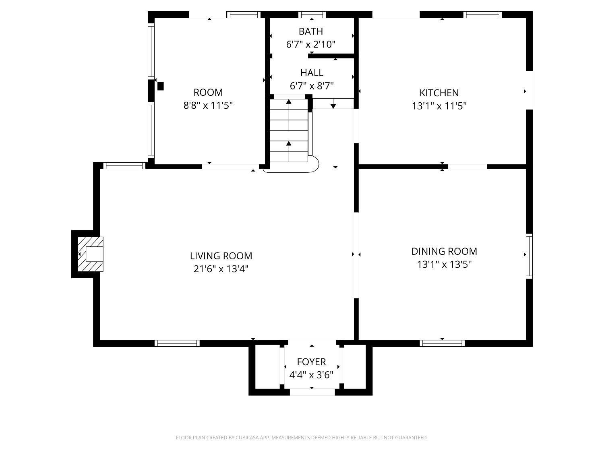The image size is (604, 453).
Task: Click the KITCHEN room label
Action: (439, 93)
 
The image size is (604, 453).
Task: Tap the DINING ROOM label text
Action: (444, 251)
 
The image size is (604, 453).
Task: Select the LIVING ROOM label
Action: (221, 256)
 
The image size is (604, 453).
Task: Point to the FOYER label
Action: (311, 362)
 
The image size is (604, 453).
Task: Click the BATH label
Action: (311, 31)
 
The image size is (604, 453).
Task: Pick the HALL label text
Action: (312, 73)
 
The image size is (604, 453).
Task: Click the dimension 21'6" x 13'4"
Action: (221, 269)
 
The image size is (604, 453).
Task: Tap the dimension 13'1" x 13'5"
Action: (444, 264)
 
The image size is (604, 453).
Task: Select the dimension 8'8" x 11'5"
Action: (208, 105)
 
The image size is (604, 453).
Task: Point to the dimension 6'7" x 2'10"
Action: (311, 44)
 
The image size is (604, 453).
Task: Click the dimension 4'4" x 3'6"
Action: (311, 374)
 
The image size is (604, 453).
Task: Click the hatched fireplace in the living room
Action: (90, 254)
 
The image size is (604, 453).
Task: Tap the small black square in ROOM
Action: (160, 86)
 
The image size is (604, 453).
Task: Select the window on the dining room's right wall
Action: (529, 256)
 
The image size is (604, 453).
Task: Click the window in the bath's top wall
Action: (312, 14)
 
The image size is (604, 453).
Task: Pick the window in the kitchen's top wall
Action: (482, 14)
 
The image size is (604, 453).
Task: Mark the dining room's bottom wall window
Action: (442, 343)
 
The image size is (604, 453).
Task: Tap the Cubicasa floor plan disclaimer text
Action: (302, 437)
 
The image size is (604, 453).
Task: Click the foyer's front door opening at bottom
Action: (312, 392)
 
